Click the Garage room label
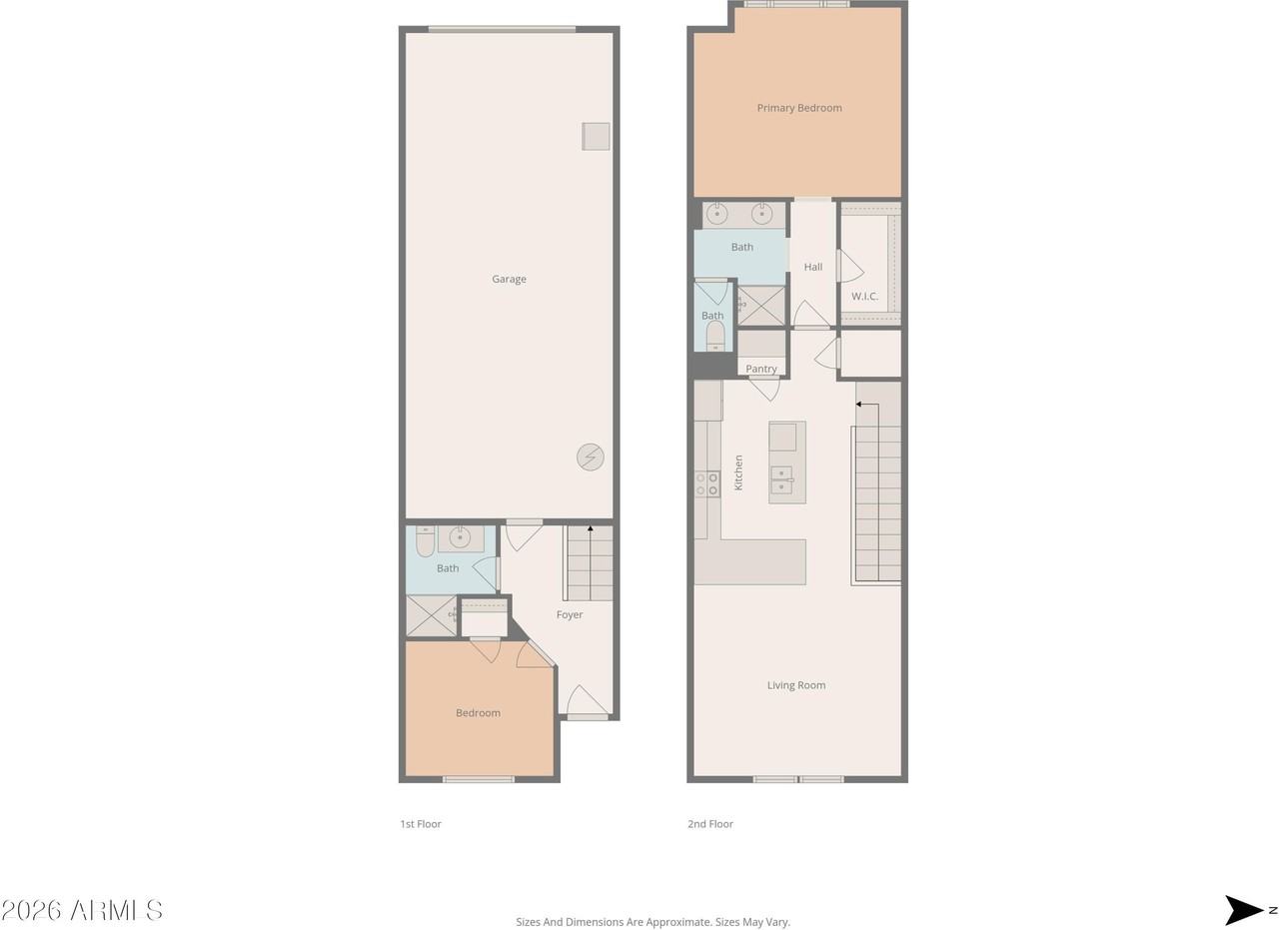click(x=509, y=279)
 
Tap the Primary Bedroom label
click(x=799, y=108)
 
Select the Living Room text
click(x=796, y=685)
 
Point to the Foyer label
click(x=570, y=614)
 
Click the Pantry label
click(x=761, y=369)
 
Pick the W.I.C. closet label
click(x=864, y=296)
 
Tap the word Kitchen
click(x=738, y=472)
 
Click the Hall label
click(x=813, y=267)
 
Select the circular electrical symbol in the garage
click(x=590, y=457)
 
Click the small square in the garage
click(x=596, y=137)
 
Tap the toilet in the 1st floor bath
click(x=425, y=541)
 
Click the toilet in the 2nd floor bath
click(x=715, y=336)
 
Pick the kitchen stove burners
click(x=706, y=484)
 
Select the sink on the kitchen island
click(x=781, y=479)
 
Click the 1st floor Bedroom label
click(x=478, y=712)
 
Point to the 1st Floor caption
click(x=421, y=824)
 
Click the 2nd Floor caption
click(x=710, y=824)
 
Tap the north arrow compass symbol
click(x=1245, y=909)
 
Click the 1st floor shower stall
click(x=432, y=615)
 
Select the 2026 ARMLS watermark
click(x=82, y=910)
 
